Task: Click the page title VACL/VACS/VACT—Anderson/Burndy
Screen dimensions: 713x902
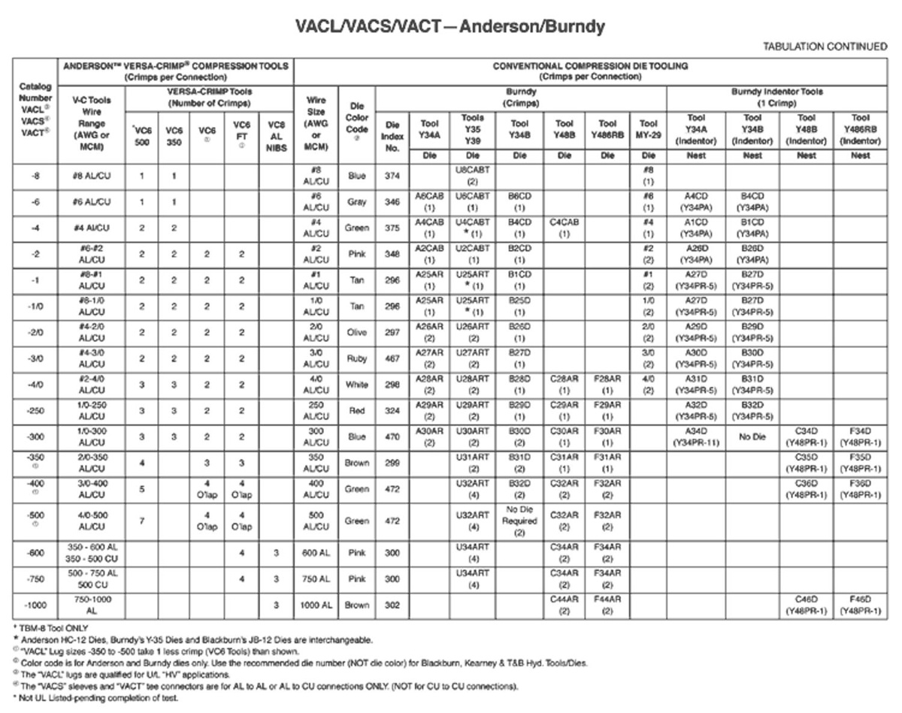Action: pos(450,27)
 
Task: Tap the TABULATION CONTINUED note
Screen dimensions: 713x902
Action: pos(825,47)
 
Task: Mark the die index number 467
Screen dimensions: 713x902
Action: pos(392,359)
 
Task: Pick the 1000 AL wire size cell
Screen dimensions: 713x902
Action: pos(315,606)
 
